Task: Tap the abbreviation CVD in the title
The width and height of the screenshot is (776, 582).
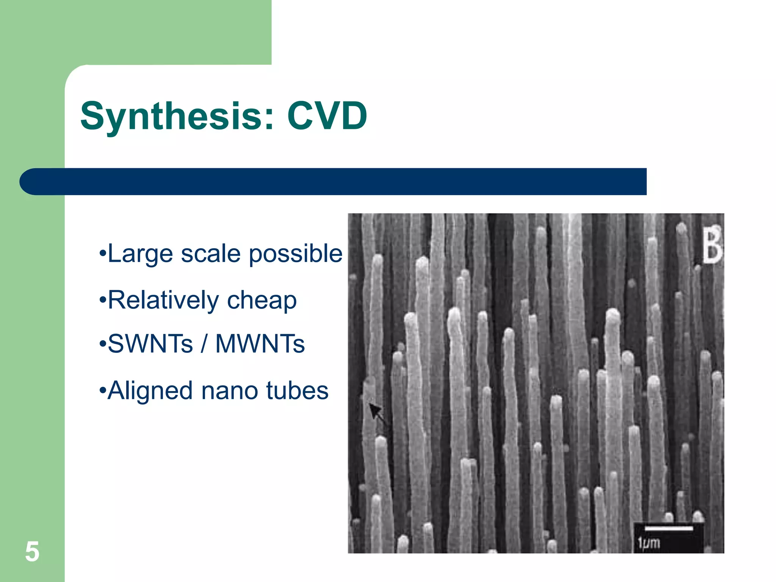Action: click(x=327, y=116)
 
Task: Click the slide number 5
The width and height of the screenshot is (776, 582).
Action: click(x=32, y=552)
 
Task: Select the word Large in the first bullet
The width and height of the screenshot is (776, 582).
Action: click(x=140, y=254)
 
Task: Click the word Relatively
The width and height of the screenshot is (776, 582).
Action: click(x=163, y=300)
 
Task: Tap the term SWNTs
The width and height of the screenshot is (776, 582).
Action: click(x=150, y=344)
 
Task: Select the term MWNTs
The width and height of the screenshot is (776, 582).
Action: click(x=260, y=344)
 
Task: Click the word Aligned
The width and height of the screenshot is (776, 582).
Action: click(x=150, y=391)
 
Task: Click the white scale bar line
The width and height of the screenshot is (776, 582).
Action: click(x=668, y=528)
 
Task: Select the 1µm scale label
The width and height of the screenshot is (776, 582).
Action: click(x=649, y=543)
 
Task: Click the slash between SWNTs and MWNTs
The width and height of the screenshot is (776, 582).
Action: click(x=204, y=344)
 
